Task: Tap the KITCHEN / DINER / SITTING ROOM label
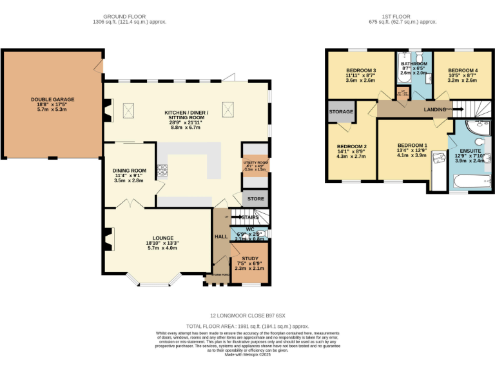186,112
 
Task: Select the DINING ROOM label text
130,170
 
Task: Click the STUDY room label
250,258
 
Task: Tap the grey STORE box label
255,198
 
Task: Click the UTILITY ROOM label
255,163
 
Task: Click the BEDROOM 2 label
351,146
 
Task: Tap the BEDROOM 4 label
463,70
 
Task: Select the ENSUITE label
471,150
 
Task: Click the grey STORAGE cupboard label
341,111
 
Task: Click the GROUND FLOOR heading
129,16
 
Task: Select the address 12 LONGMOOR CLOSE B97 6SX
247,316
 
